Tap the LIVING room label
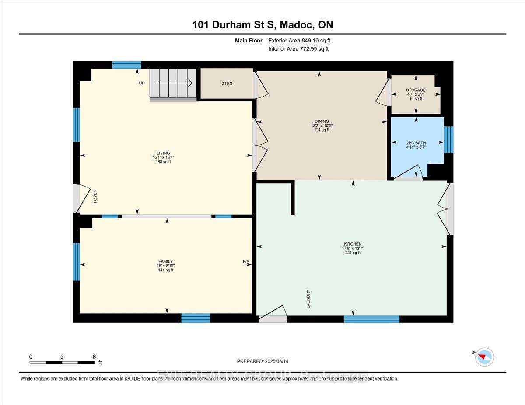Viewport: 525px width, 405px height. tap(161, 153)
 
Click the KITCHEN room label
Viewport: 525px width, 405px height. tap(353, 244)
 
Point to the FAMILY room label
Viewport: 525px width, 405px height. tap(166, 261)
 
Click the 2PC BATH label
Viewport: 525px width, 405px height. tap(416, 143)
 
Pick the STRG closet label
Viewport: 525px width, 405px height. tap(227, 83)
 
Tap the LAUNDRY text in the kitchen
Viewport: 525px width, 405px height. tap(308, 299)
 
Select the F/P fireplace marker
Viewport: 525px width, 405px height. tap(246, 262)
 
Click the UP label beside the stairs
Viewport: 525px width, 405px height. tap(142, 83)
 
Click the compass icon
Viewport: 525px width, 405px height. tap(484, 356)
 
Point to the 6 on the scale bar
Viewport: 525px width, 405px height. tap(94, 357)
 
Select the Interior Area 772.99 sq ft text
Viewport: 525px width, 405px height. tap(298, 49)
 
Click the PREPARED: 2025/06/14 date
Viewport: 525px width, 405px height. tap(262, 361)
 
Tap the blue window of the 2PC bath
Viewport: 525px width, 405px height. tap(448, 140)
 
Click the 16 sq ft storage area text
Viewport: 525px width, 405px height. tap(415, 99)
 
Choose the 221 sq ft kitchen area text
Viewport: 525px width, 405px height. tap(353, 253)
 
